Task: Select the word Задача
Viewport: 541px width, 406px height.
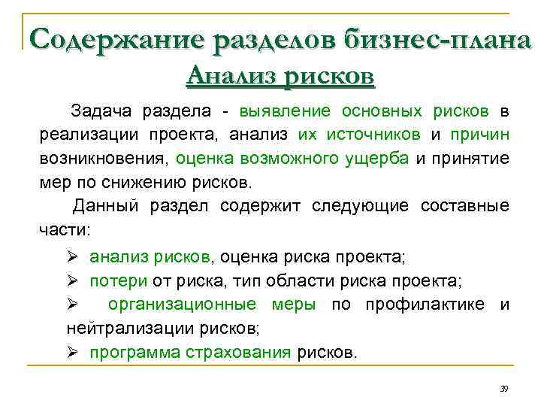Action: (x=100, y=111)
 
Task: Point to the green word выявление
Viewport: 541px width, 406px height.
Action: (x=285, y=111)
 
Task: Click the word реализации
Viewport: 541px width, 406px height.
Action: (x=82, y=135)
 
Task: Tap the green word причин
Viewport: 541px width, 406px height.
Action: (x=479, y=135)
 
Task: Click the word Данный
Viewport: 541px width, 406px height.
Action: (x=104, y=206)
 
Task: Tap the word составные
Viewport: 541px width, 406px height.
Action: (x=466, y=206)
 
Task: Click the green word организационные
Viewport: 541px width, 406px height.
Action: (x=211, y=304)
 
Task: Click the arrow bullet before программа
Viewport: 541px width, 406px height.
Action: (x=72, y=352)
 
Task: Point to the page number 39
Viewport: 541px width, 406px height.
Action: (x=504, y=388)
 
